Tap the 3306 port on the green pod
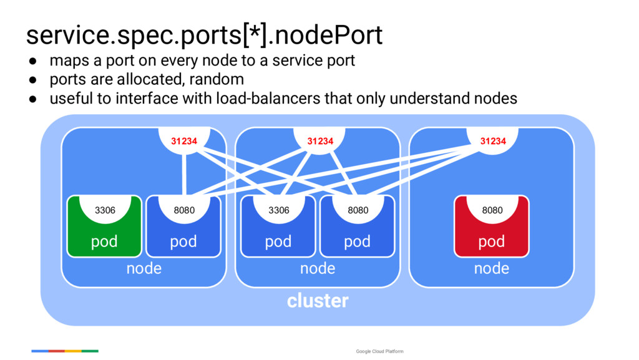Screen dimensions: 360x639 pyautogui.click(x=105, y=210)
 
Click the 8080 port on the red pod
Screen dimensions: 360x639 pyautogui.click(x=492, y=210)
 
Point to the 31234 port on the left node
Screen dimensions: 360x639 pyautogui.click(x=184, y=141)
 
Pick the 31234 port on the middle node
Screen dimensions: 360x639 pyautogui.click(x=319, y=141)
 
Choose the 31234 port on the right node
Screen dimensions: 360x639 pyautogui.click(x=493, y=141)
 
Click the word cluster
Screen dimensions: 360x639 pyautogui.click(x=318, y=301)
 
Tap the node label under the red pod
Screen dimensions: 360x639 pyautogui.click(x=492, y=269)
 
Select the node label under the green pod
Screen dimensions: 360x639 pyautogui.click(x=144, y=269)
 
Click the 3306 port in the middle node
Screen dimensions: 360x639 pyautogui.click(x=279, y=210)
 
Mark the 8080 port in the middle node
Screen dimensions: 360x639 pyautogui.click(x=358, y=210)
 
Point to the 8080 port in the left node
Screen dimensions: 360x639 pyautogui.click(x=184, y=210)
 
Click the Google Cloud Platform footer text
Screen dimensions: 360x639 pyautogui.click(x=379, y=351)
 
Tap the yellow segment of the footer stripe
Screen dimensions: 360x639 pyautogui.click(x=73, y=351)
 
